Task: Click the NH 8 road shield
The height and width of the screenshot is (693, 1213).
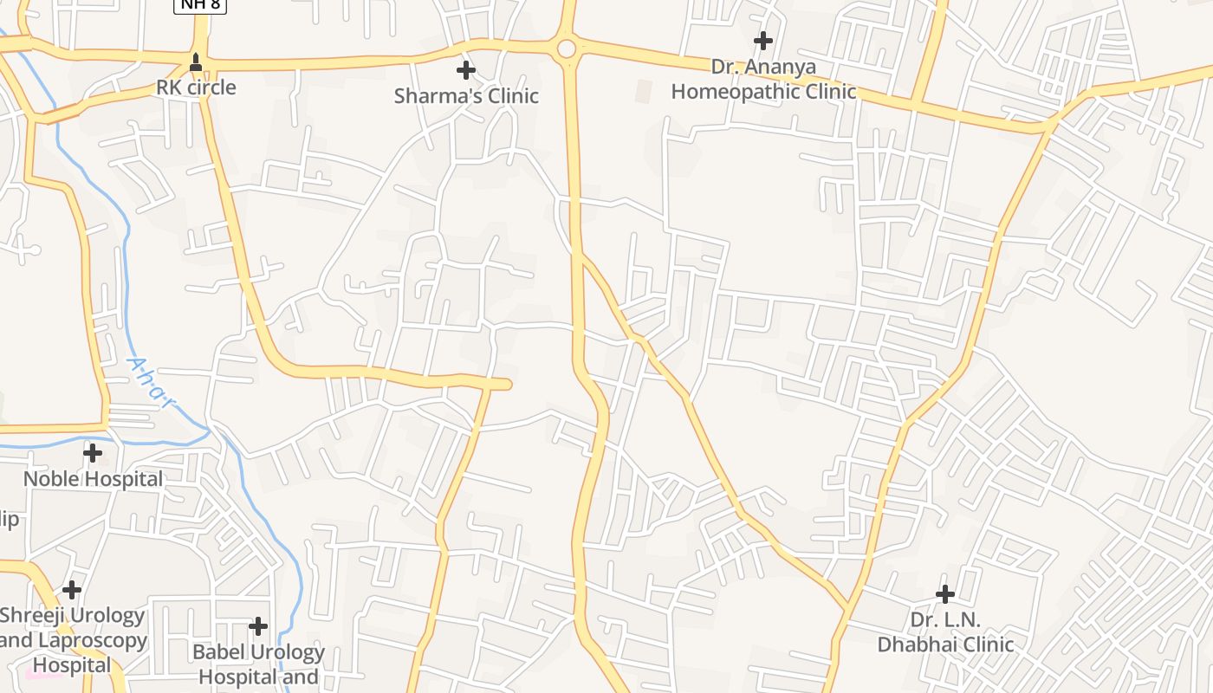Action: pos(200,5)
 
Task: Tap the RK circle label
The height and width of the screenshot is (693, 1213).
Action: pos(196,87)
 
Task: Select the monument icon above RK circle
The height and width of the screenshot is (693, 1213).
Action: pos(196,62)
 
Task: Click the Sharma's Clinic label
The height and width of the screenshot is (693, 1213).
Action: pos(466,95)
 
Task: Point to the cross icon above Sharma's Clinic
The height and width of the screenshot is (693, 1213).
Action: pos(466,69)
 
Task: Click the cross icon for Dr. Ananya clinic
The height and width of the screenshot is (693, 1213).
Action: pos(762,41)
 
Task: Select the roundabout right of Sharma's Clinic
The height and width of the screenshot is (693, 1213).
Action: pos(567,49)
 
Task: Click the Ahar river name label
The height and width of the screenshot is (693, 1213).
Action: pos(151,382)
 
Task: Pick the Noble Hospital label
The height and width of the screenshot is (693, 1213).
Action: pos(93,479)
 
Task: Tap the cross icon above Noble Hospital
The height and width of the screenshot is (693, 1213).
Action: pos(93,452)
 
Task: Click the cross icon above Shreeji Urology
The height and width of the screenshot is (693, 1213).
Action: pos(72,590)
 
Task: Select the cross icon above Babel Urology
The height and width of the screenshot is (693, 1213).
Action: pos(258,625)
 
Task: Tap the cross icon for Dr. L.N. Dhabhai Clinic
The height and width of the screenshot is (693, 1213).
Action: pos(945,594)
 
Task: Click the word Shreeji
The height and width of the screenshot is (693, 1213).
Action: pos(36,616)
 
